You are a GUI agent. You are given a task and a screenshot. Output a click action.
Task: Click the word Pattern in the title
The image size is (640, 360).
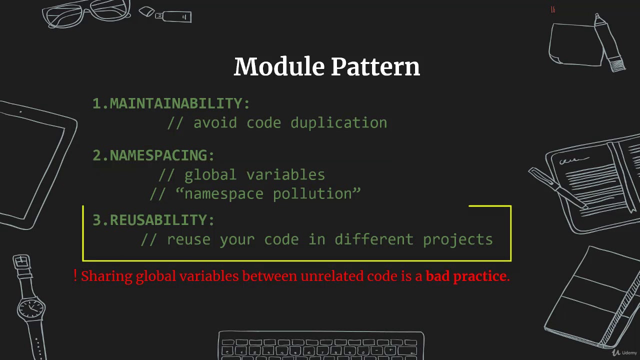tap(375, 67)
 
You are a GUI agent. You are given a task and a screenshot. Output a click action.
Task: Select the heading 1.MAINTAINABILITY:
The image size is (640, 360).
tap(171, 103)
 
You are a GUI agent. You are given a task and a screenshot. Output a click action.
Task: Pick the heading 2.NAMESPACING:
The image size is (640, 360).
tap(153, 155)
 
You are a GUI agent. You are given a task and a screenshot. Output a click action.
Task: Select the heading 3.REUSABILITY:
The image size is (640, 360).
tap(153, 220)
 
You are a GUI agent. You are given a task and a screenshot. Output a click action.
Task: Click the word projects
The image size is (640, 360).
tap(457, 240)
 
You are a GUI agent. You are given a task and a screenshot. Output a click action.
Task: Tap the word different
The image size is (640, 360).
tap(374, 239)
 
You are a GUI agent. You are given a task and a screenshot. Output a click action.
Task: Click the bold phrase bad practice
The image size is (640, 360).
tap(466, 276)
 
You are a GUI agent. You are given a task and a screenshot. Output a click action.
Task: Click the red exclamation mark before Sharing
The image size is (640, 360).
tap(75, 275)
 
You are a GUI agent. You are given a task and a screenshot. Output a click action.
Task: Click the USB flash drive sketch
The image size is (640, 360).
tap(167, 15)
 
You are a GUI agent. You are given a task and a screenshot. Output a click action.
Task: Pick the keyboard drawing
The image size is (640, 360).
tap(321, 346)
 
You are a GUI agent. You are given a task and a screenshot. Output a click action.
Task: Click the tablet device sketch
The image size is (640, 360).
tap(35, 165)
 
